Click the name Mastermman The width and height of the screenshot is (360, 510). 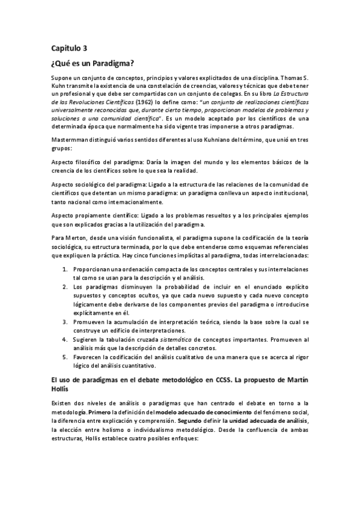click(70, 140)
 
